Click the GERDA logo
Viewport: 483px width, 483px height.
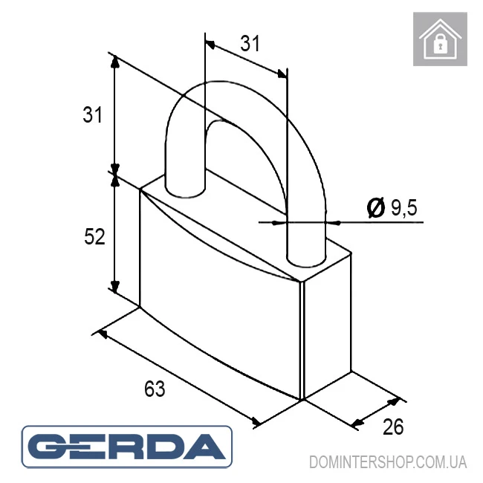coord(126,447)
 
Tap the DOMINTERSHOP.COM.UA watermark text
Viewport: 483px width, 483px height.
coord(388,462)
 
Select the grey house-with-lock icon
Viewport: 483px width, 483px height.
coord(440,39)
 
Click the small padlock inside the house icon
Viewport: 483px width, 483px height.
coord(441,44)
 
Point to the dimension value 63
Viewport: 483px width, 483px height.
coord(155,389)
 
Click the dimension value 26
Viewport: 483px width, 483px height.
coord(393,427)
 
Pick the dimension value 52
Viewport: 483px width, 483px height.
coord(94,236)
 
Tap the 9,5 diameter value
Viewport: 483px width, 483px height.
coord(404,207)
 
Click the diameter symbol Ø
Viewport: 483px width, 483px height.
coord(376,207)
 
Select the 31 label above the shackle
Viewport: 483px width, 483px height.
coord(250,43)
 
